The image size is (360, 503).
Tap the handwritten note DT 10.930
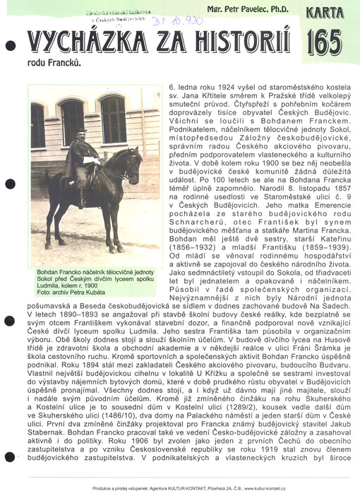pyautogui.click(x=164, y=22)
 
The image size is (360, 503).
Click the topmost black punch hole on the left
pyautogui.click(x=9, y=45)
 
